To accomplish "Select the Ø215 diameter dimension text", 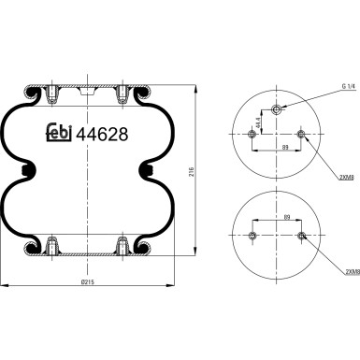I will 88,281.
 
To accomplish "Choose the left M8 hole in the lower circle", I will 255,235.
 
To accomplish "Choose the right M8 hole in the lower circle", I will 299,235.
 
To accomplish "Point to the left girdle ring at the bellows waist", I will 28,171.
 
